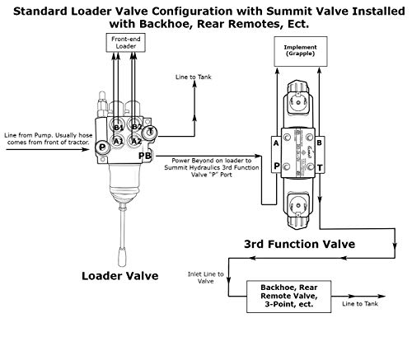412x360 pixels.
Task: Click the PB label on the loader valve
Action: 145,155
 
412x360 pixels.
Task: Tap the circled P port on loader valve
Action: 101,146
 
